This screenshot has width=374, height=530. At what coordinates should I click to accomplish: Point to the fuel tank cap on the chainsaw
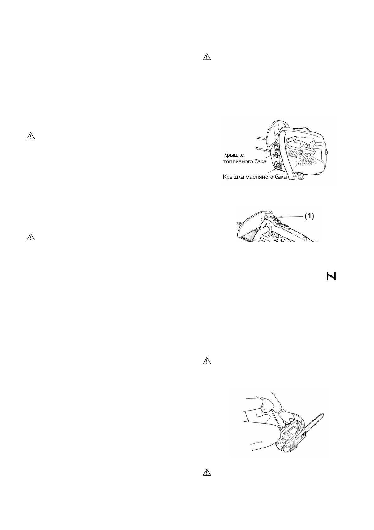click(x=278, y=153)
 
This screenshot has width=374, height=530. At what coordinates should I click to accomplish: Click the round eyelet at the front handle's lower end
click(x=300, y=178)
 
